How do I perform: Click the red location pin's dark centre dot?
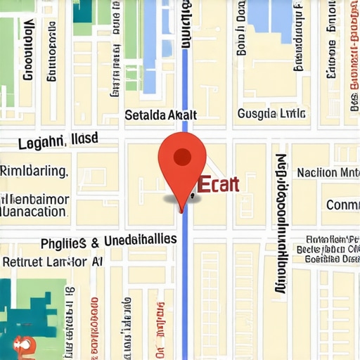point(182,156)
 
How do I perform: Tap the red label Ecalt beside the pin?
point(219,185)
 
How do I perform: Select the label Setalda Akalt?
point(160,115)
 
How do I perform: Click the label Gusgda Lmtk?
point(271,114)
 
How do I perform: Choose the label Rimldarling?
point(34,171)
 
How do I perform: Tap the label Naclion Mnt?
point(328,172)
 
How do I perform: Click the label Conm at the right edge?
point(343,205)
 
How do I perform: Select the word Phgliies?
point(64,243)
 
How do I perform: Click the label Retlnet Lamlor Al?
point(53,262)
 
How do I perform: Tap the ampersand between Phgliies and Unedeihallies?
point(95,243)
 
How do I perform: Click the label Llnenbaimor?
point(35,199)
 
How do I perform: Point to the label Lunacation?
point(35,211)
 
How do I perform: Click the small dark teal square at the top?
point(82,10)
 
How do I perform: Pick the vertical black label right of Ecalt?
point(281,221)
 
